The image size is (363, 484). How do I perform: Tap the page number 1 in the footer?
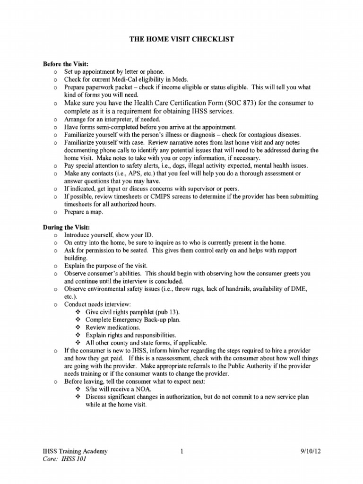coord(181,451)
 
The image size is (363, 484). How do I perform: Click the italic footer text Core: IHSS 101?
coord(65,459)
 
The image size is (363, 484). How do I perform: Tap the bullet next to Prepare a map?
coord(55,213)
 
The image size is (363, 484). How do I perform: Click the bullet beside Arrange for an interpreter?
coord(55,119)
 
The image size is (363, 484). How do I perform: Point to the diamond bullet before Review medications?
coord(78,328)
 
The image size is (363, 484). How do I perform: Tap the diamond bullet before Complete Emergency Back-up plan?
coord(78,320)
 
